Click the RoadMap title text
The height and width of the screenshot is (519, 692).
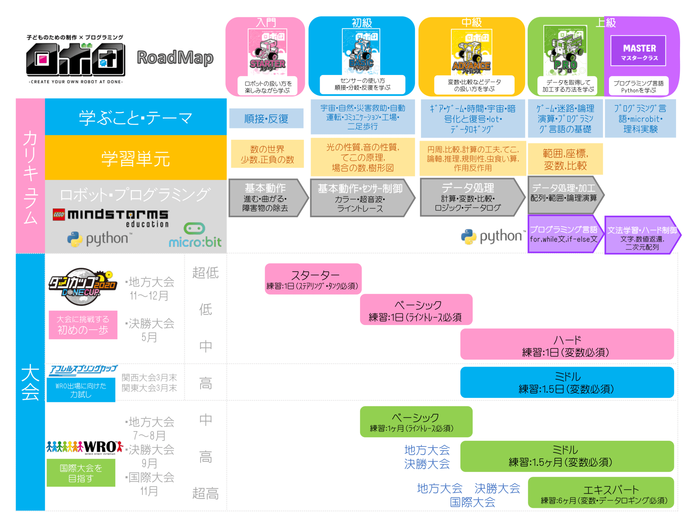click(x=175, y=58)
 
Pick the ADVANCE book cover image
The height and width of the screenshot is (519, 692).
click(x=471, y=52)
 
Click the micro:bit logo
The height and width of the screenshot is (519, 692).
click(x=195, y=235)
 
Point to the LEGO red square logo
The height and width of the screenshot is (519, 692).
click(x=59, y=214)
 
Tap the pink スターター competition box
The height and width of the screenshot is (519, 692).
click(x=313, y=279)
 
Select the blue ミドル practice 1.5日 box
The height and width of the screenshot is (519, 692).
click(x=566, y=382)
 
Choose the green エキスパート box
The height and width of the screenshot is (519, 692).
click(x=601, y=492)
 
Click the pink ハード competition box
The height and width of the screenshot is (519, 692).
click(x=566, y=344)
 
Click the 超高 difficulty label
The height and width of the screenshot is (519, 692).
click(x=205, y=493)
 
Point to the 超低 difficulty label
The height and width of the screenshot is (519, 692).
click(x=205, y=273)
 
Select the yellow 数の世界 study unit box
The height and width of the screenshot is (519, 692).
click(x=267, y=154)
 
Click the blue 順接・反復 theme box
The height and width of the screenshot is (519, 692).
click(x=266, y=119)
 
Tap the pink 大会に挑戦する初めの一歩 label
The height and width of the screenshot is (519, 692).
click(x=83, y=325)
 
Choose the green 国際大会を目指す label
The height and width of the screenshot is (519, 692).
click(x=81, y=473)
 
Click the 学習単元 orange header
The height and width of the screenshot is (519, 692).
click(x=136, y=158)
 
